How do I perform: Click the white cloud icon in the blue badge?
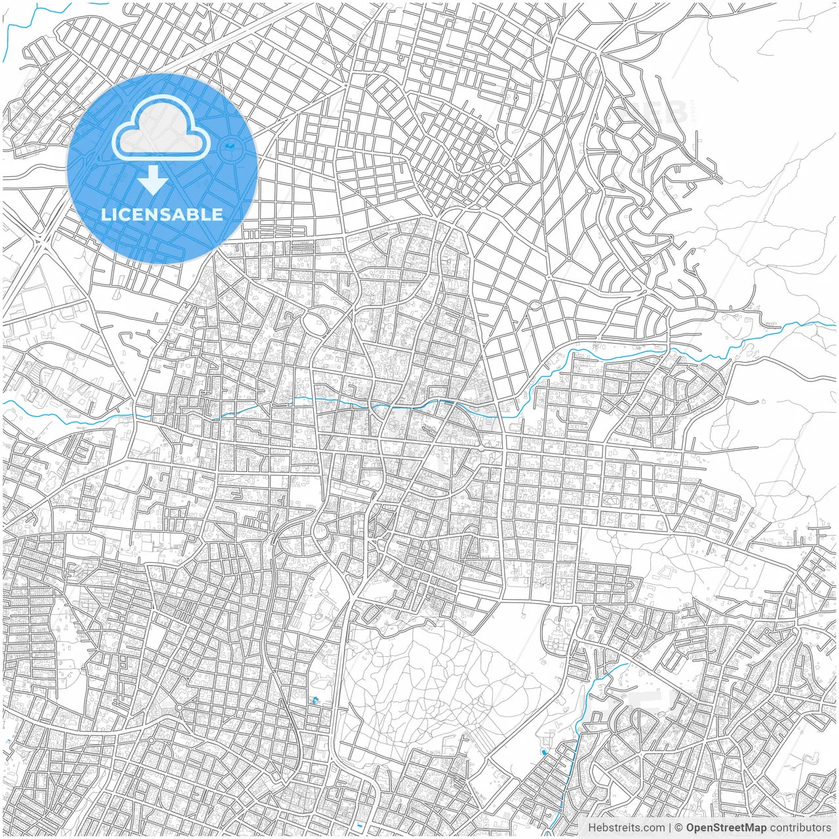[161, 127]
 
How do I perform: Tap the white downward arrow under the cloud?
[153, 180]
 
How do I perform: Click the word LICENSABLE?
[162, 214]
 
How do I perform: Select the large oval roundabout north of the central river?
[315, 323]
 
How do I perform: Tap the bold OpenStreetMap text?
[726, 828]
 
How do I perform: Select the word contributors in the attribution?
[800, 828]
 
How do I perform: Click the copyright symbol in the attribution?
[679, 828]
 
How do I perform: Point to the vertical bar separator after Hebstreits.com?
[669, 828]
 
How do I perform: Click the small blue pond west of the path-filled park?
[315, 700]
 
